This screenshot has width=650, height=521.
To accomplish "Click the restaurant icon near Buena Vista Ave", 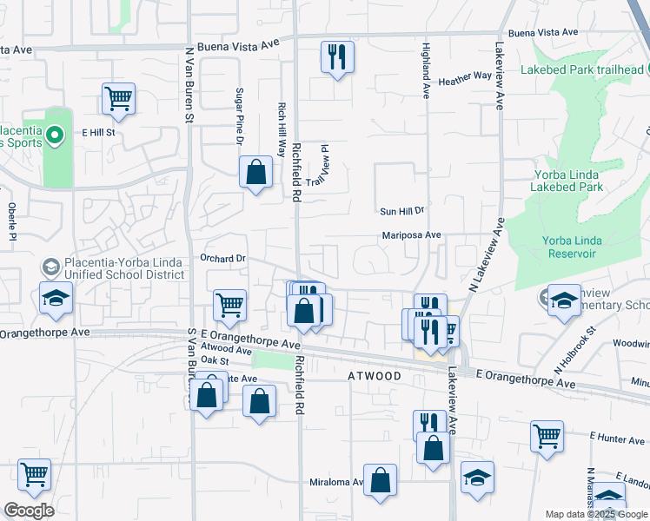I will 336,57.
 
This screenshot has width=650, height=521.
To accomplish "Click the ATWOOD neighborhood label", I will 375,376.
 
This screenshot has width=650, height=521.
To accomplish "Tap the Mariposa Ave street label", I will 412,234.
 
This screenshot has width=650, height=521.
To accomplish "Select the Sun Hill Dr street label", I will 401,211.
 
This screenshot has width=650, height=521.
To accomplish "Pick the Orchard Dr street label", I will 223,258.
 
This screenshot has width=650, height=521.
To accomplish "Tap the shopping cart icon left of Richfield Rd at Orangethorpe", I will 230,304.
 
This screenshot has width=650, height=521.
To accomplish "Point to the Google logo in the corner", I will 29,511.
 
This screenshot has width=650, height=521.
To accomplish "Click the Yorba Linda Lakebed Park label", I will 567,181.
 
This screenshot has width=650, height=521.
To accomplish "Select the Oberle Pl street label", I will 12,221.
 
